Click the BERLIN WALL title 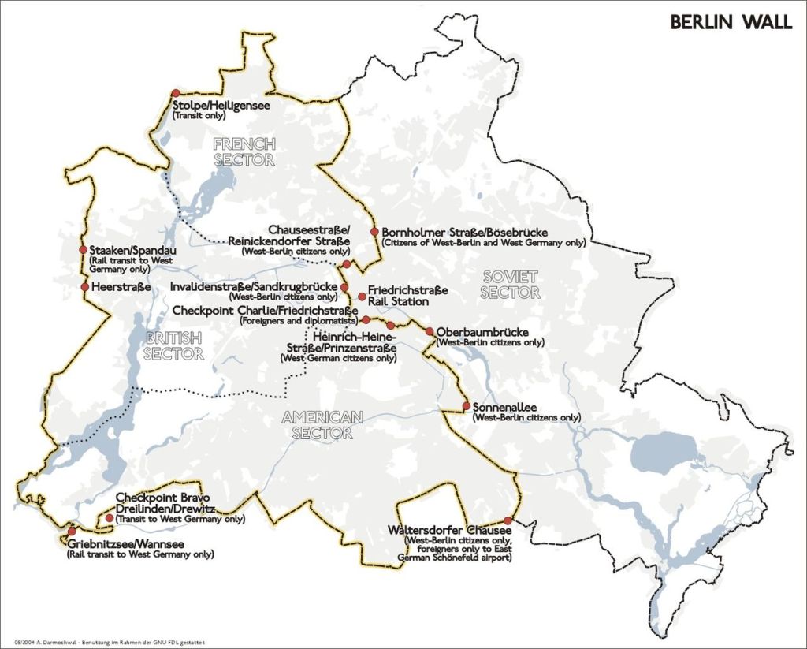pyautogui.click(x=731, y=22)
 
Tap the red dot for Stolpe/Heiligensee pyautogui.click(x=175, y=93)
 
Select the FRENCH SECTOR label pyautogui.click(x=244, y=151)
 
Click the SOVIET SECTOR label pyautogui.click(x=511, y=284)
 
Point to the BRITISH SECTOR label pyautogui.click(x=173, y=345)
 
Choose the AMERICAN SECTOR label pyautogui.click(x=322, y=424)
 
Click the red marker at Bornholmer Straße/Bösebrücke pyautogui.click(x=375, y=232)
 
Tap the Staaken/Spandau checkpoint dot pyautogui.click(x=84, y=249)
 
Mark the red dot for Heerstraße pyautogui.click(x=84, y=287)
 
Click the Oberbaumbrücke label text pyautogui.click(x=482, y=332)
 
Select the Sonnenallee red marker pyautogui.click(x=466, y=408)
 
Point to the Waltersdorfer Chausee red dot pyautogui.click(x=508, y=520)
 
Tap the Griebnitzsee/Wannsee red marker pyautogui.click(x=72, y=532)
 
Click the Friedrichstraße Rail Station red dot pyautogui.click(x=362, y=297)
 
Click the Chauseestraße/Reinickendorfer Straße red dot pyautogui.click(x=346, y=264)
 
